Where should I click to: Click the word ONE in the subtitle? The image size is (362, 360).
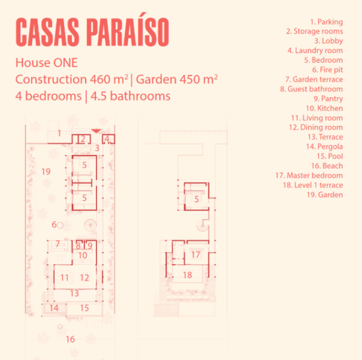65,63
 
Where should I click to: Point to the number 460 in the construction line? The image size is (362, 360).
100,79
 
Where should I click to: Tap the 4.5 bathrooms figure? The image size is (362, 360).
131,96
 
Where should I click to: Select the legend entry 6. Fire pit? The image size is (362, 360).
327,70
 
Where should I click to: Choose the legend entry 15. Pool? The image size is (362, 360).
330,156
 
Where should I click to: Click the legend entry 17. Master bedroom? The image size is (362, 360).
309,175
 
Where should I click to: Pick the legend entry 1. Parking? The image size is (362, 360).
327,22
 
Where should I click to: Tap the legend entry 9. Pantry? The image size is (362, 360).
328,98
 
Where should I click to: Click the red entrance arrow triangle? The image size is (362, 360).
96,131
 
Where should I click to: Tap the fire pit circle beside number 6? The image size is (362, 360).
60,225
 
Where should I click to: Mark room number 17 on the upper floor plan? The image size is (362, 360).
195,254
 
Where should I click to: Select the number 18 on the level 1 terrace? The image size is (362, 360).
187,275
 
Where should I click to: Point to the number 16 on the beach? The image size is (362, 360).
70,339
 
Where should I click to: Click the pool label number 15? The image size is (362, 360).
85,308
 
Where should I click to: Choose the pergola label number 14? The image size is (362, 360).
54,308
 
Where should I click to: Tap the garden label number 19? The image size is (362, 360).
46,172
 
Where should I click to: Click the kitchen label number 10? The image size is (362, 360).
83,256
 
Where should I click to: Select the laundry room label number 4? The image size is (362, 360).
107,139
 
